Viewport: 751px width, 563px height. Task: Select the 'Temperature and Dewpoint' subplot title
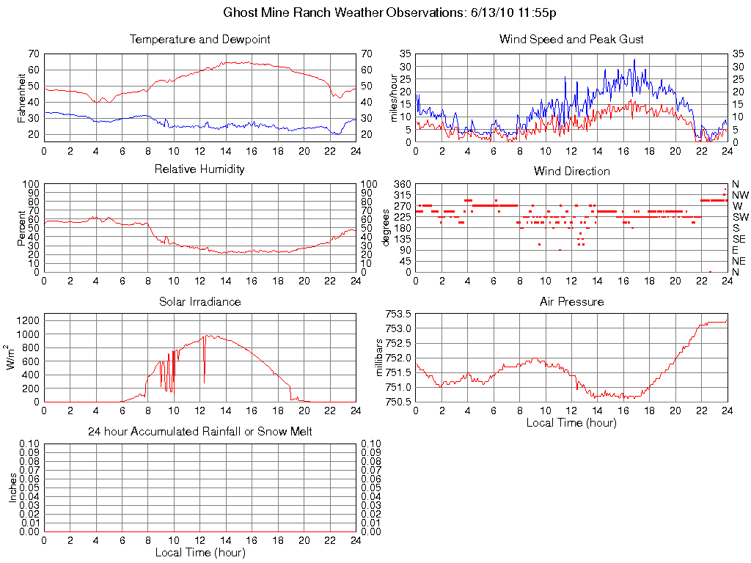click(199, 39)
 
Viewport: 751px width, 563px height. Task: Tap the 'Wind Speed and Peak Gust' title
click(571, 39)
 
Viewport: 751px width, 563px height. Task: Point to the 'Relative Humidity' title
click(199, 169)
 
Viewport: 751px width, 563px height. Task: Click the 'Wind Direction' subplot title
click(571, 172)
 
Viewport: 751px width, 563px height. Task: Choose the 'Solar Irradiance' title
click(199, 301)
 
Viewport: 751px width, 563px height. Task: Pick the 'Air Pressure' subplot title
click(571, 301)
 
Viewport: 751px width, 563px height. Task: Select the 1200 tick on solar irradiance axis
click(28, 320)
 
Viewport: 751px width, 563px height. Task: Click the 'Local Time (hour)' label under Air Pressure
click(571, 422)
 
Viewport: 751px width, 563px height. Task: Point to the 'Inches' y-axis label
click(12, 487)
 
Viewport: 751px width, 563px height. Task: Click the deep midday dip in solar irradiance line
click(204, 382)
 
